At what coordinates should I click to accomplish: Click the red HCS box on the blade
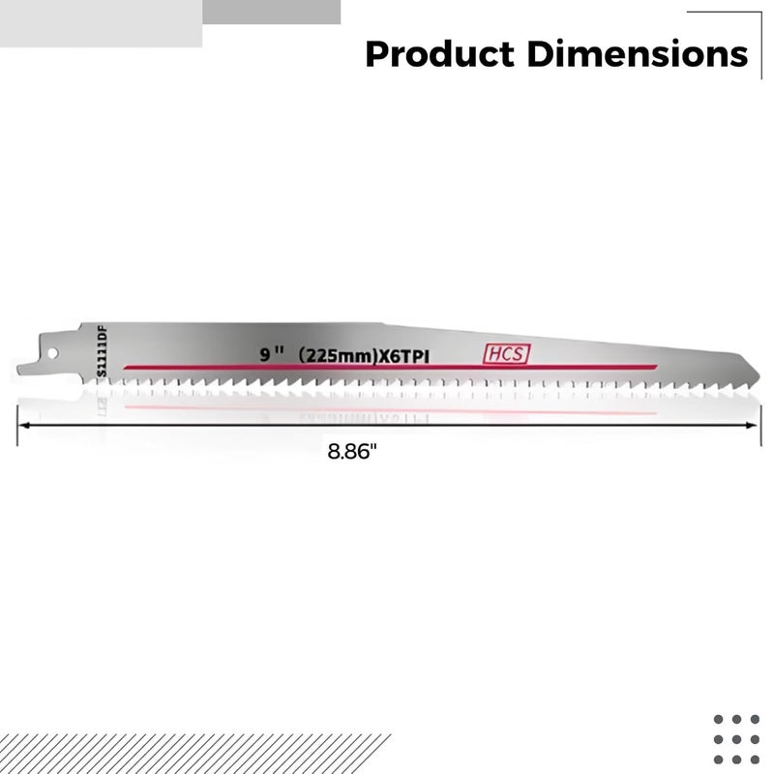[507, 355]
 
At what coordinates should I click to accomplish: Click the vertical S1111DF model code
[101, 352]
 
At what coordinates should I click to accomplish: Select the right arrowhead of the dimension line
[754, 426]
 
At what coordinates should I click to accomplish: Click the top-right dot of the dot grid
[754, 719]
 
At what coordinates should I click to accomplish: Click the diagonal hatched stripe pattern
[193, 753]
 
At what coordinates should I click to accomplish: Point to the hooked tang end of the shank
[23, 369]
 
